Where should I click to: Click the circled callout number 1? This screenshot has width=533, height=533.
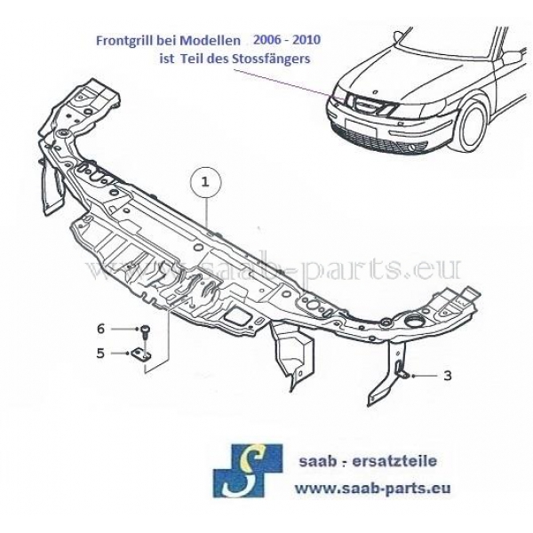click(x=205, y=182)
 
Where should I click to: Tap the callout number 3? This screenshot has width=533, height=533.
click(x=447, y=376)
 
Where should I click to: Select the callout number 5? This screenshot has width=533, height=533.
click(x=101, y=353)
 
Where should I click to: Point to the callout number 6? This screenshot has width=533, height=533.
click(x=101, y=329)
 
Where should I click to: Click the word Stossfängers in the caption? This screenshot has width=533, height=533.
click(x=271, y=60)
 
